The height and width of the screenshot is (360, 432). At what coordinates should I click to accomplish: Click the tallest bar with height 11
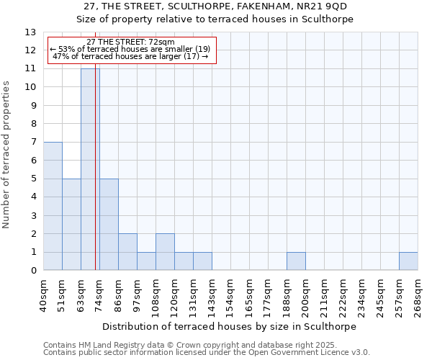(x=89, y=169)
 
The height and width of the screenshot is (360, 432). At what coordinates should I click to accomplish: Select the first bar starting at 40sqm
(x=53, y=206)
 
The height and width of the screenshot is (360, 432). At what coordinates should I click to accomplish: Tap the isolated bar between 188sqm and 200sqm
(x=296, y=261)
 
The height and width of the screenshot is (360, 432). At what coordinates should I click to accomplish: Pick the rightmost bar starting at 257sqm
(x=408, y=261)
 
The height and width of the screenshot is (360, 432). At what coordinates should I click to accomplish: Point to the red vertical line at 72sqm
(x=96, y=180)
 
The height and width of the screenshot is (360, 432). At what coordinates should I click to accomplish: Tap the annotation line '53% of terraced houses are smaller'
(x=130, y=50)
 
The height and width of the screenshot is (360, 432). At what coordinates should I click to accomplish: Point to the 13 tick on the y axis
(x=31, y=32)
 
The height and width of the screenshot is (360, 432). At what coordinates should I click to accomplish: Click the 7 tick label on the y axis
(x=33, y=143)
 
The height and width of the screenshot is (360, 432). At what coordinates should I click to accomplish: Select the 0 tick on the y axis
(x=33, y=271)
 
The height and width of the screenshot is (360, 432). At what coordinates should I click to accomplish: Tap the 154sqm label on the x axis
(x=230, y=296)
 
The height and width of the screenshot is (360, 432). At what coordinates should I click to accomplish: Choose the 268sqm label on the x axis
(x=418, y=296)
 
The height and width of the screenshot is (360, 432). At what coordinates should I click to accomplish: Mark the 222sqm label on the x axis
(x=343, y=296)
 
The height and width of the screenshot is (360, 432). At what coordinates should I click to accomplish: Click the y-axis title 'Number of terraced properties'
(x=7, y=155)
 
